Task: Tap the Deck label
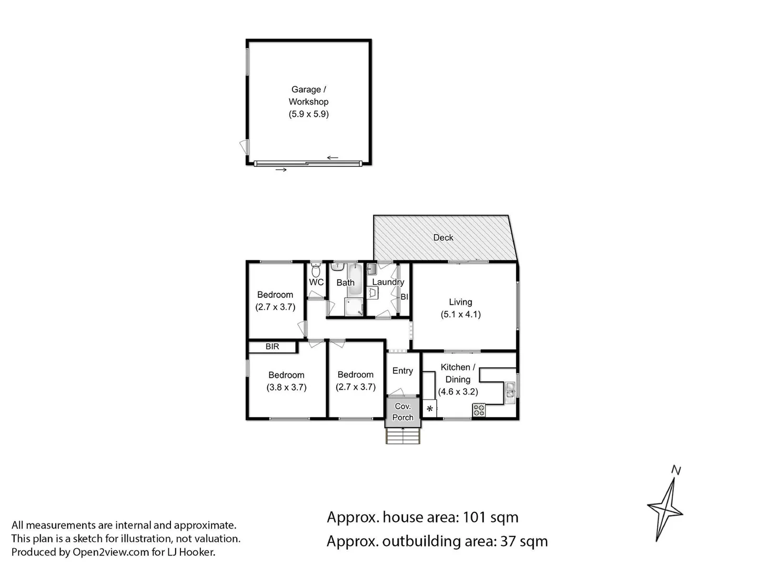443,238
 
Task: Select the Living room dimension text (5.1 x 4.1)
460,315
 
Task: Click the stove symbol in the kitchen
479,410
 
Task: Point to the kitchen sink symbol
510,391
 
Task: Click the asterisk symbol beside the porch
430,409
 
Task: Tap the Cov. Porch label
403,412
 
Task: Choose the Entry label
402,371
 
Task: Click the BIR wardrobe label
272,347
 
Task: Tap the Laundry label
388,282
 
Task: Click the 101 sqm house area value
490,518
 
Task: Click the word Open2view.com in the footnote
110,552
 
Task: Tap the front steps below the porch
403,436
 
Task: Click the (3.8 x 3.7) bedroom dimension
286,388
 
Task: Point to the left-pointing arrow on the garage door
332,157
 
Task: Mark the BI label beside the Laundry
404,297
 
